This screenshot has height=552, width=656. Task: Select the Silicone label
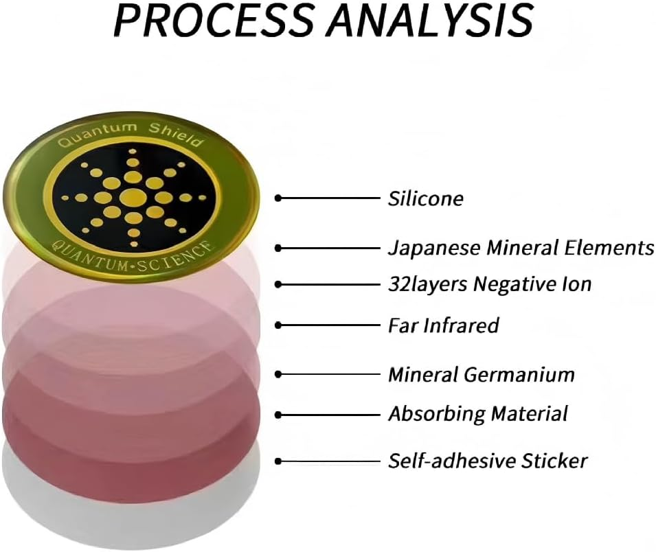tap(425, 199)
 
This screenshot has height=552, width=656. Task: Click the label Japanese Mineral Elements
tap(521, 247)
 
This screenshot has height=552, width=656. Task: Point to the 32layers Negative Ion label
tap(489, 283)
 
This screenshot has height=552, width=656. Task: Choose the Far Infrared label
tap(443, 325)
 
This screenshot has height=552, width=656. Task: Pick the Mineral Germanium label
tap(481, 375)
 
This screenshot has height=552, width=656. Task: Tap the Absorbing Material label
tap(477, 414)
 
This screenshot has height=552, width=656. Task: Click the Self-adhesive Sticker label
tap(488, 459)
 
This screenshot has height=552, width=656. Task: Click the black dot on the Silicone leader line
tap(278, 198)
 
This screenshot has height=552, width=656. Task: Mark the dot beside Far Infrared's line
tap(278, 325)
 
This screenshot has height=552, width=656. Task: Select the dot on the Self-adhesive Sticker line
tap(278, 460)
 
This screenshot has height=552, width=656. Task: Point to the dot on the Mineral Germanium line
tap(278, 374)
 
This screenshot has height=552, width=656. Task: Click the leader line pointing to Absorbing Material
tap(330, 415)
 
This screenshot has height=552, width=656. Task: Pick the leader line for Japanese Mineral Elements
tap(330, 247)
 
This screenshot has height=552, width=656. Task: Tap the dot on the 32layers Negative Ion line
tap(278, 284)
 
